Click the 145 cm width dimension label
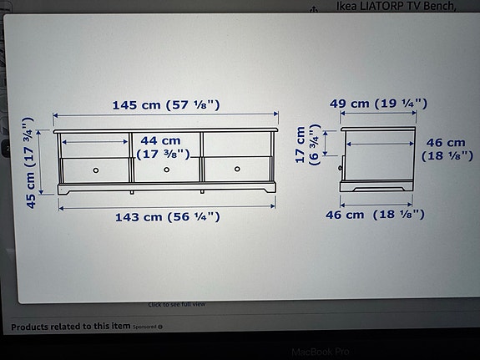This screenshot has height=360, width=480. [x=172, y=105]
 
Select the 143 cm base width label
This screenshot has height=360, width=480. [x=168, y=216]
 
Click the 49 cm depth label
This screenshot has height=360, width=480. [x=377, y=104]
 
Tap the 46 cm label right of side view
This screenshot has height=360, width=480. [x=447, y=150]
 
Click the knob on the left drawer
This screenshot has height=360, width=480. [x=96, y=170]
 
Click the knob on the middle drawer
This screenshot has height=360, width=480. [x=166, y=170]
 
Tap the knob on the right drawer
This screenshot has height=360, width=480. [x=237, y=170]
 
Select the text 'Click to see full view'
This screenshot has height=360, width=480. [x=177, y=304]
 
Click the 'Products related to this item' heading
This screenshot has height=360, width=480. [x=71, y=326]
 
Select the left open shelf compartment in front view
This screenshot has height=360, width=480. [x=95, y=144]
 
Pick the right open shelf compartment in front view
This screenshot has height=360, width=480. [x=239, y=144]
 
